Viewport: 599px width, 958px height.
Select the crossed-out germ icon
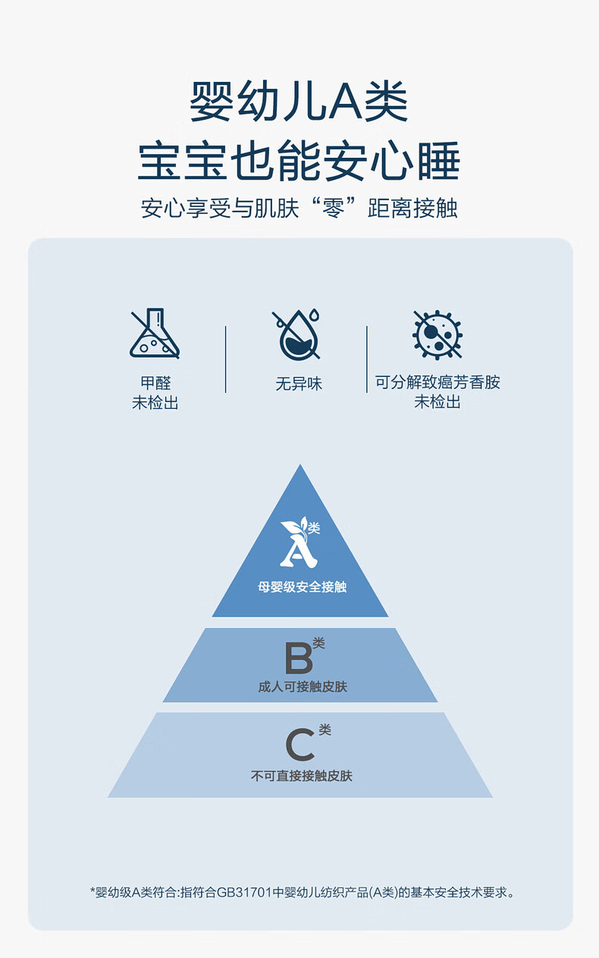(437, 335)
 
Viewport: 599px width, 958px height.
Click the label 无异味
(299, 385)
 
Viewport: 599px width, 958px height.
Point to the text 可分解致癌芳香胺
(437, 382)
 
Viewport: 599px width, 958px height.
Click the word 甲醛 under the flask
(155, 384)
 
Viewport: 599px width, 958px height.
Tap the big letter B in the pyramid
(298, 658)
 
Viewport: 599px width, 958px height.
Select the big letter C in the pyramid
(299, 745)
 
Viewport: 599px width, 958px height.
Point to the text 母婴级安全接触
(302, 586)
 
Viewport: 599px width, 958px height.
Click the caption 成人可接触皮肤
(302, 687)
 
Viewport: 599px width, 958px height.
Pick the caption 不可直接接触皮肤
(302, 776)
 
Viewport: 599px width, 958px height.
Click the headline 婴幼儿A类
(299, 102)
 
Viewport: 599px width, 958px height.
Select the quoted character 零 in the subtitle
(346, 208)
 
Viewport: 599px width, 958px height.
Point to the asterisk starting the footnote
(93, 891)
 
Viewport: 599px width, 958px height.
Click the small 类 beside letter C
(325, 730)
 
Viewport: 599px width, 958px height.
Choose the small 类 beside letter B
(318, 643)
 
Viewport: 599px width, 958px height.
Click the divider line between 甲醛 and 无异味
(226, 360)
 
